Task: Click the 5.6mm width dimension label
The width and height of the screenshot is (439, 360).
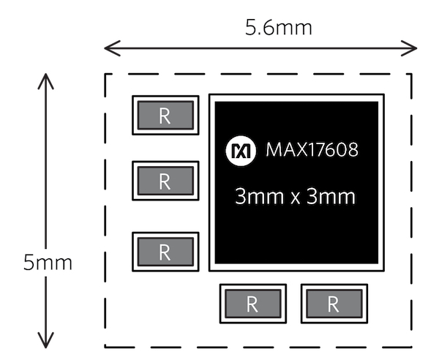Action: (278, 28)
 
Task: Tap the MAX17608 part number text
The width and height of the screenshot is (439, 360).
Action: (312, 151)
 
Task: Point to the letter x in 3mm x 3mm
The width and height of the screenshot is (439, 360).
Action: (296, 198)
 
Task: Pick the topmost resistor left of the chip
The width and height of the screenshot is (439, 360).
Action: (165, 116)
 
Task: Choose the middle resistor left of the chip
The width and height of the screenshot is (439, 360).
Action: (165, 180)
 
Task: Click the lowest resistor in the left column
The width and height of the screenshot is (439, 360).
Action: (165, 252)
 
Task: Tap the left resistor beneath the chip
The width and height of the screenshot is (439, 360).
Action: (252, 304)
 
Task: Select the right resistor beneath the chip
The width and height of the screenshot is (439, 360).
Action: (334, 304)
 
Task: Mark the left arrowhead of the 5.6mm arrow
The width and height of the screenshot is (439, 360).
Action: (108, 48)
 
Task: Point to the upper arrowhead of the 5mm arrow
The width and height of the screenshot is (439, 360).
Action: (48, 76)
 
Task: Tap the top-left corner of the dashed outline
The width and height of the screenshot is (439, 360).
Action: (105, 74)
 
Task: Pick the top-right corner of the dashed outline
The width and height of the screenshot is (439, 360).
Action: (412, 74)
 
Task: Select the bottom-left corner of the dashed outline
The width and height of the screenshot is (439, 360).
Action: (105, 347)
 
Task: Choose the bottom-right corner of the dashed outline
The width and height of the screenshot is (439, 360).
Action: (412, 347)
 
